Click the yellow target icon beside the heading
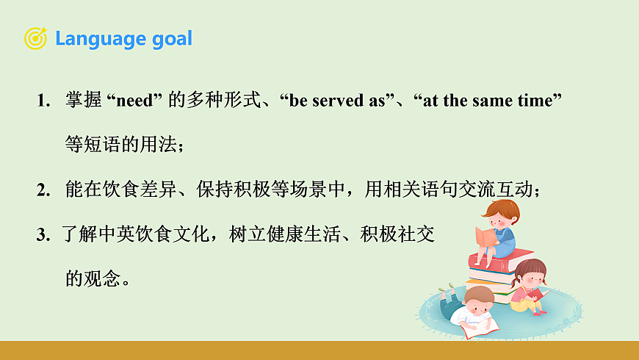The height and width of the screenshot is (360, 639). [x=35, y=38]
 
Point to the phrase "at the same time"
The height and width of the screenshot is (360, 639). [x=488, y=101]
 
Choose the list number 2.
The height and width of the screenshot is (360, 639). [x=42, y=190]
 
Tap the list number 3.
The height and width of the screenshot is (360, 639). [x=42, y=235]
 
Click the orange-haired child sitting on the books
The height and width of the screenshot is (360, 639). [x=500, y=228]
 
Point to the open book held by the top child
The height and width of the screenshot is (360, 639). [x=485, y=237]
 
